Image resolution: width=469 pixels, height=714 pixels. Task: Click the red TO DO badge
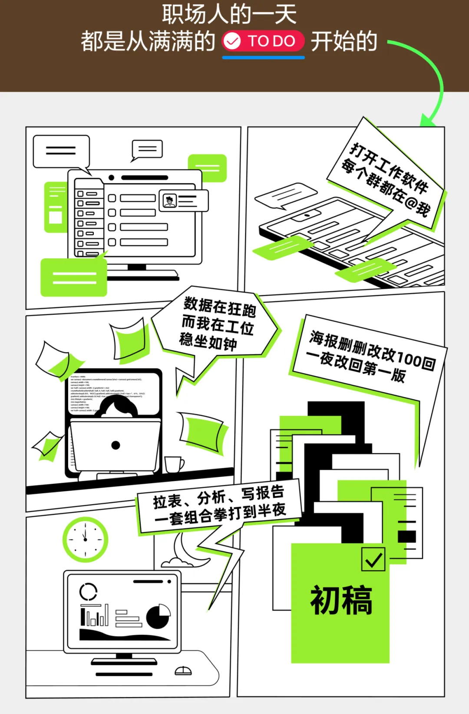(263, 41)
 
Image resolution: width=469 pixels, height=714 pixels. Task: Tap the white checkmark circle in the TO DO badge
(232, 41)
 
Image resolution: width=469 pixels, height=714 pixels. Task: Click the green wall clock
(85, 539)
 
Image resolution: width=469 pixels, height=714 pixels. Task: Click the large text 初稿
(341, 600)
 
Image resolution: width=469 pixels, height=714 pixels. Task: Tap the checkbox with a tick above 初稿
(373, 559)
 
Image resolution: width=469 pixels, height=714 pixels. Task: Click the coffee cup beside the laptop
(174, 464)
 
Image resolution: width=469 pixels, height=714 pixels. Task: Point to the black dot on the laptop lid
(116, 445)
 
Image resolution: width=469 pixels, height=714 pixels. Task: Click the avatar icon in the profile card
(170, 201)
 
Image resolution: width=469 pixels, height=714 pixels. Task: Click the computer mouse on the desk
(183, 671)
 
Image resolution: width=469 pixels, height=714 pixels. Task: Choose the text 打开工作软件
(389, 167)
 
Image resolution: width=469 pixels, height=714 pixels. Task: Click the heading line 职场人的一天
(229, 14)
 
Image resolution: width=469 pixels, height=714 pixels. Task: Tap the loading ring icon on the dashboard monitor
(89, 592)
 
